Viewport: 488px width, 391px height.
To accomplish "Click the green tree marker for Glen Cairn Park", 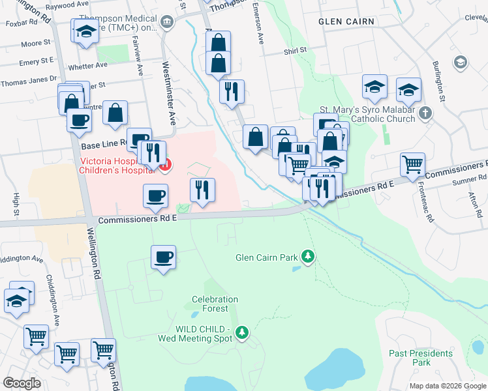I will (x=308, y=257).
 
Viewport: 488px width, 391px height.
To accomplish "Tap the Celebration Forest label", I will (x=215, y=304).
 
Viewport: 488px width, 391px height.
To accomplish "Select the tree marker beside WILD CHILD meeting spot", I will (x=242, y=333).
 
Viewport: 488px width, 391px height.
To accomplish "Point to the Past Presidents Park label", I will (x=421, y=357).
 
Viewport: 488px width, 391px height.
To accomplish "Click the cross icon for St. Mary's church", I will (x=425, y=113).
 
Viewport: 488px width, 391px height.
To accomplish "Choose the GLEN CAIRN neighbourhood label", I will (x=346, y=22).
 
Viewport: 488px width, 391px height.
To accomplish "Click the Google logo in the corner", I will (x=22, y=383).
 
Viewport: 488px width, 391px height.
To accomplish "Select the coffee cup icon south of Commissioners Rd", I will (x=163, y=257).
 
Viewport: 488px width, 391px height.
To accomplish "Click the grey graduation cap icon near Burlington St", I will (x=461, y=62).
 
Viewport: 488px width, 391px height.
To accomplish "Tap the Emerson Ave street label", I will (x=259, y=30).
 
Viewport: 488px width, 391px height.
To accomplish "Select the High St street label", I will (x=14, y=204).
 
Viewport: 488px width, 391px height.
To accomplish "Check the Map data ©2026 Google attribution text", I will (x=447, y=386).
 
